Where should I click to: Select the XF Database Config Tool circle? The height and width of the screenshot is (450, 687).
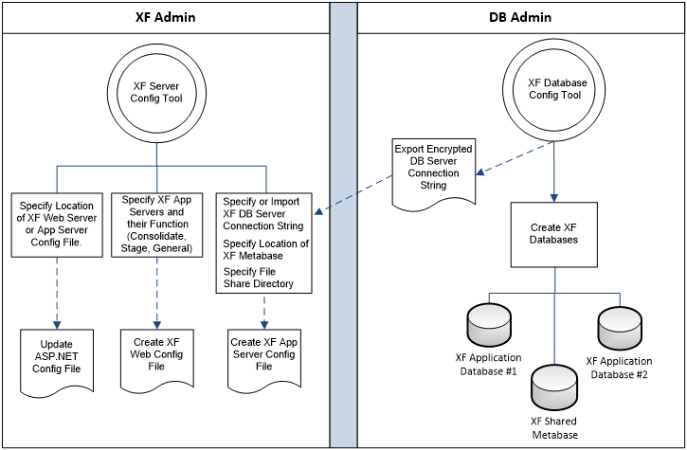click(x=556, y=89)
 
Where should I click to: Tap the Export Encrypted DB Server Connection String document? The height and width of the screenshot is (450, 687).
click(x=433, y=171)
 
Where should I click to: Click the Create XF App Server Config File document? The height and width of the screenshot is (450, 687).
click(x=263, y=356)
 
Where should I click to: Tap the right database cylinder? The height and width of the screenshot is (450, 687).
click(x=620, y=325)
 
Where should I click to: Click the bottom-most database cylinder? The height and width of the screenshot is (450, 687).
click(x=554, y=383)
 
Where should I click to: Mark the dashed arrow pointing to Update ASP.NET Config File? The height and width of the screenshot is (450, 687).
click(x=57, y=289)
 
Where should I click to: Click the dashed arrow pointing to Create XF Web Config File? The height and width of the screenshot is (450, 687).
click(x=157, y=289)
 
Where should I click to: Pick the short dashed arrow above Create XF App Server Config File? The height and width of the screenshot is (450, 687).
click(x=264, y=309)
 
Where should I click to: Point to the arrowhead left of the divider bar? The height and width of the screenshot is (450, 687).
click(x=319, y=213)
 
